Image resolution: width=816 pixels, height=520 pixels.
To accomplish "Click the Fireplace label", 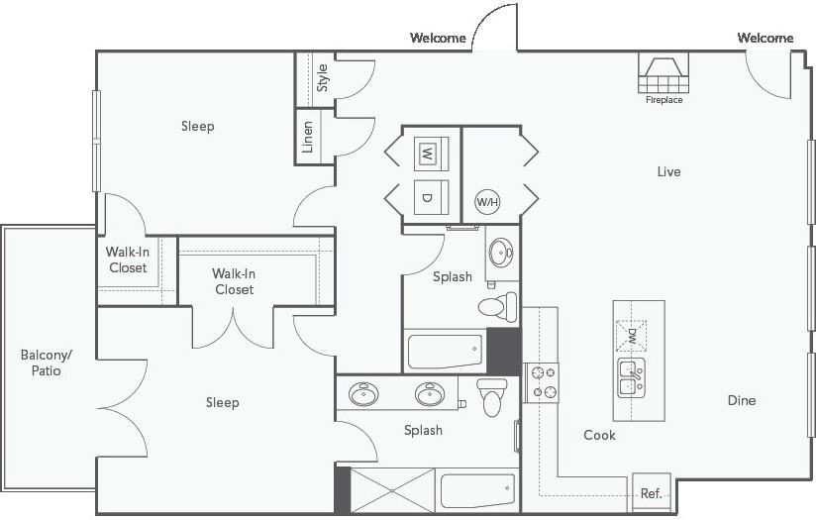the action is pyautogui.click(x=663, y=100).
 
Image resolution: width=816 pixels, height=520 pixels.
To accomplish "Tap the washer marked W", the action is pyautogui.click(x=431, y=154).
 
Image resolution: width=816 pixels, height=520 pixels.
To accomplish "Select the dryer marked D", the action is pyautogui.click(x=431, y=197).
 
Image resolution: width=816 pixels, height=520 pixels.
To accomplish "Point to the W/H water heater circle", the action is pyautogui.click(x=487, y=201).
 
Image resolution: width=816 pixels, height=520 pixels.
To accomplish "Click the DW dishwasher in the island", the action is pyautogui.click(x=631, y=336).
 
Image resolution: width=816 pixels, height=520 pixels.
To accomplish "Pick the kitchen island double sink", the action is pyautogui.click(x=631, y=377).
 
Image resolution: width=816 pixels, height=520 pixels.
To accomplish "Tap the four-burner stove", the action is pyautogui.click(x=542, y=382).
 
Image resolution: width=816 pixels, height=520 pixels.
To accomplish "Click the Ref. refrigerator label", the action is pyautogui.click(x=651, y=493).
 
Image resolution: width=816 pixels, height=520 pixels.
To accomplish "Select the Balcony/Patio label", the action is pyautogui.click(x=47, y=363).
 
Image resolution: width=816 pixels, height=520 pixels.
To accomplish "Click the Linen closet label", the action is pyautogui.click(x=308, y=137).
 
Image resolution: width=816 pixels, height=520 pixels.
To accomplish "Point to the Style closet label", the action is pyautogui.click(x=323, y=78).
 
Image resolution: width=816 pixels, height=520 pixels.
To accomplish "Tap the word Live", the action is pyautogui.click(x=668, y=171).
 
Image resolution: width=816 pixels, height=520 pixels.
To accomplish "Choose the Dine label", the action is pyautogui.click(x=742, y=400).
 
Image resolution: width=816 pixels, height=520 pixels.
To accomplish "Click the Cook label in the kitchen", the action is pyautogui.click(x=599, y=435).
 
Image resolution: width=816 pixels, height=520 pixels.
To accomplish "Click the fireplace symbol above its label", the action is pyautogui.click(x=663, y=72).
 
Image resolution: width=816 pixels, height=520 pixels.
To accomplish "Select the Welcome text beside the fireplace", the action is pyautogui.click(x=765, y=38).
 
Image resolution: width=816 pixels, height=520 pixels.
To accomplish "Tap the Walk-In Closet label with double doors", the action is pyautogui.click(x=234, y=281).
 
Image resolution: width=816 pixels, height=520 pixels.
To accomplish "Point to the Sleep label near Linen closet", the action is pyautogui.click(x=198, y=127).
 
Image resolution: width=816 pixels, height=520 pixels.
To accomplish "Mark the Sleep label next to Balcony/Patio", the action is pyautogui.click(x=222, y=402).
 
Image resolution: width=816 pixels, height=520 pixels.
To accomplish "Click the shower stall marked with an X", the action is pyautogui.click(x=393, y=490).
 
